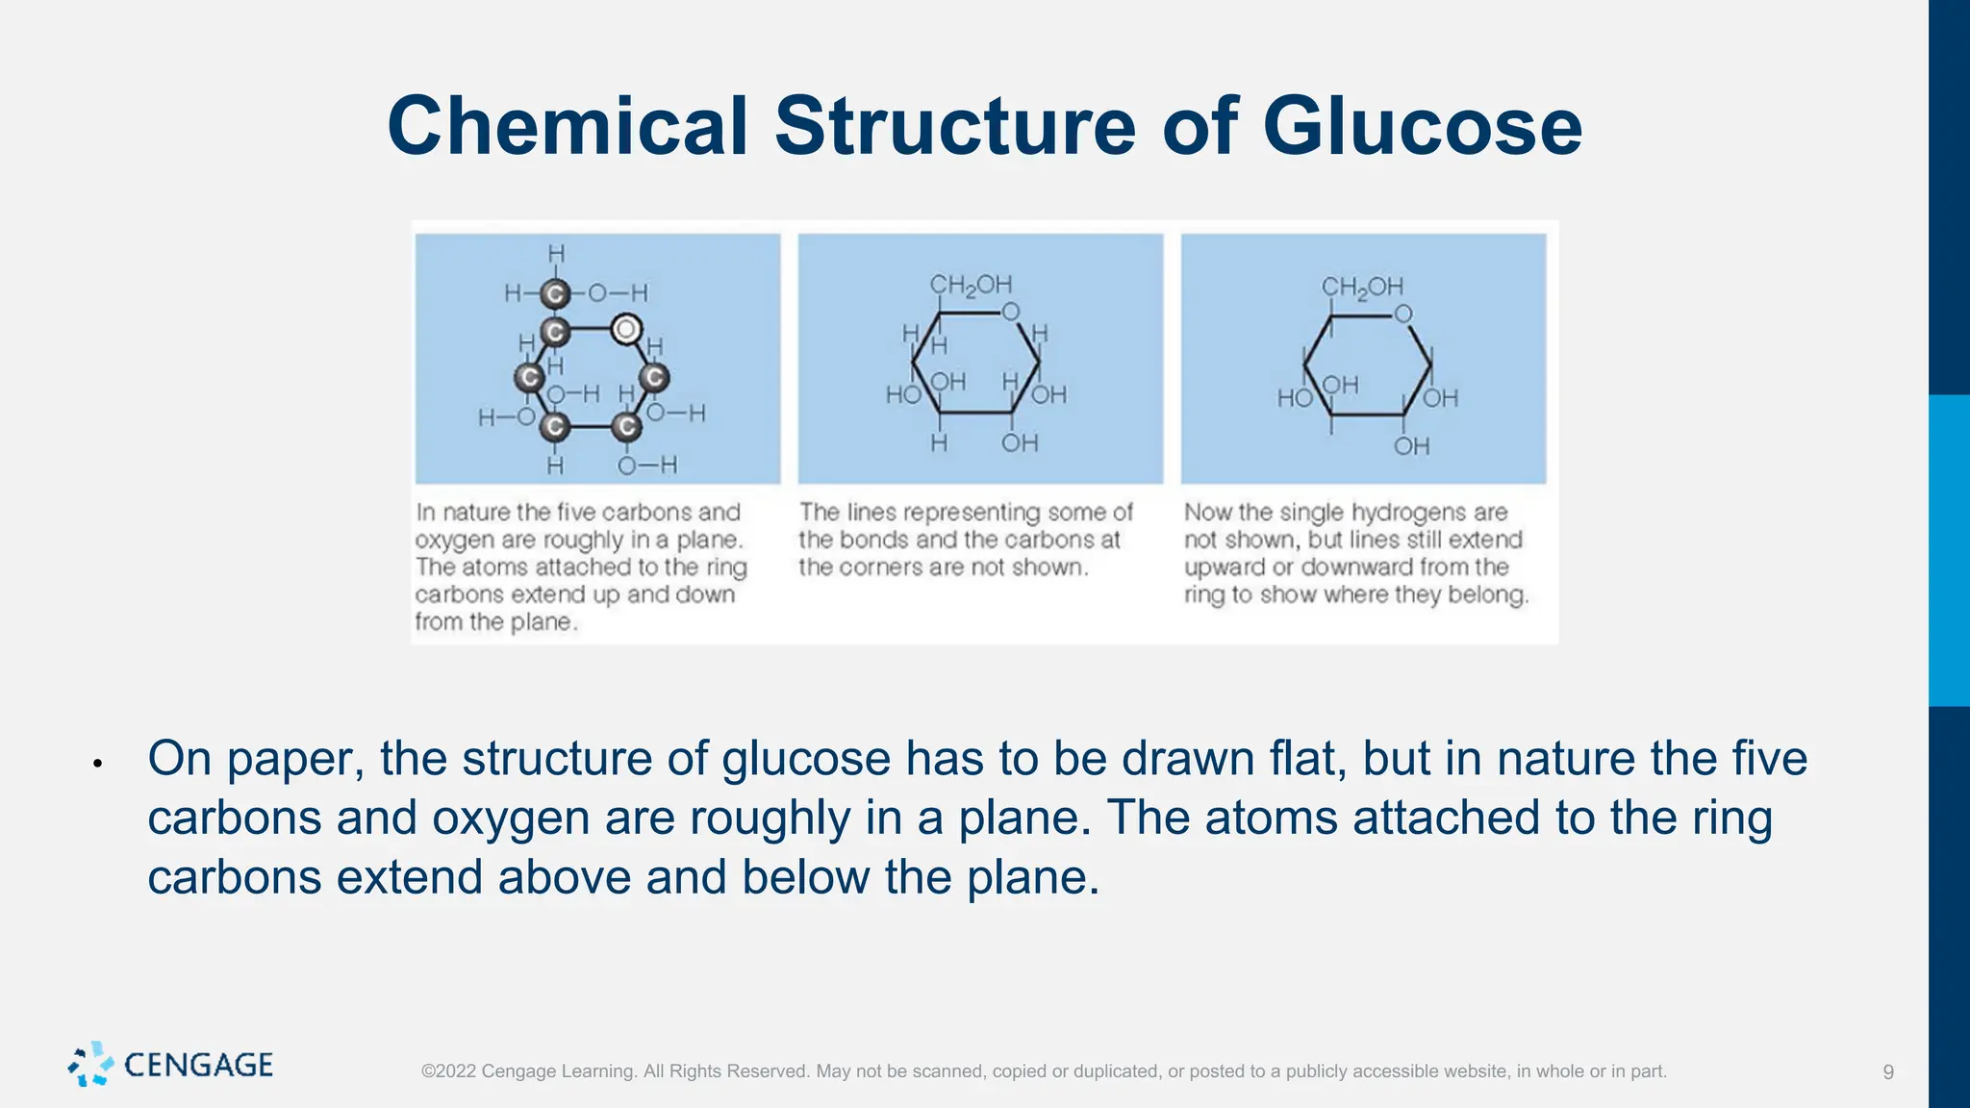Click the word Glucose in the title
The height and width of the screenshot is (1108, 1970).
(x=1422, y=126)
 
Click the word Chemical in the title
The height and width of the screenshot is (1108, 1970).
(x=568, y=126)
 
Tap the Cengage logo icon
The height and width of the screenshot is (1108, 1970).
(x=90, y=1064)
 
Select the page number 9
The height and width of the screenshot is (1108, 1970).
(x=1888, y=1071)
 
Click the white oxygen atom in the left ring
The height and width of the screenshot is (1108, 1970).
(x=626, y=330)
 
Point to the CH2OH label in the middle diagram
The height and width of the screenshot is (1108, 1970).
(x=971, y=285)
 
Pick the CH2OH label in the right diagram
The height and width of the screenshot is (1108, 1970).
(x=1362, y=287)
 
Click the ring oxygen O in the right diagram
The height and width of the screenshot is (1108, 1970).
(x=1403, y=314)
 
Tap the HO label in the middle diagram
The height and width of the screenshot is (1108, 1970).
(x=903, y=394)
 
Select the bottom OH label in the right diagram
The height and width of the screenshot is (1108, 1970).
(x=1411, y=446)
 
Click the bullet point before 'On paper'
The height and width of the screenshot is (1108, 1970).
(x=97, y=764)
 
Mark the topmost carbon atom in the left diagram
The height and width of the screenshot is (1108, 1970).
(x=554, y=293)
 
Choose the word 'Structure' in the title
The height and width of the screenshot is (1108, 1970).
(x=956, y=126)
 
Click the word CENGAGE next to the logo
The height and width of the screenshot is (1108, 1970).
(x=199, y=1065)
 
